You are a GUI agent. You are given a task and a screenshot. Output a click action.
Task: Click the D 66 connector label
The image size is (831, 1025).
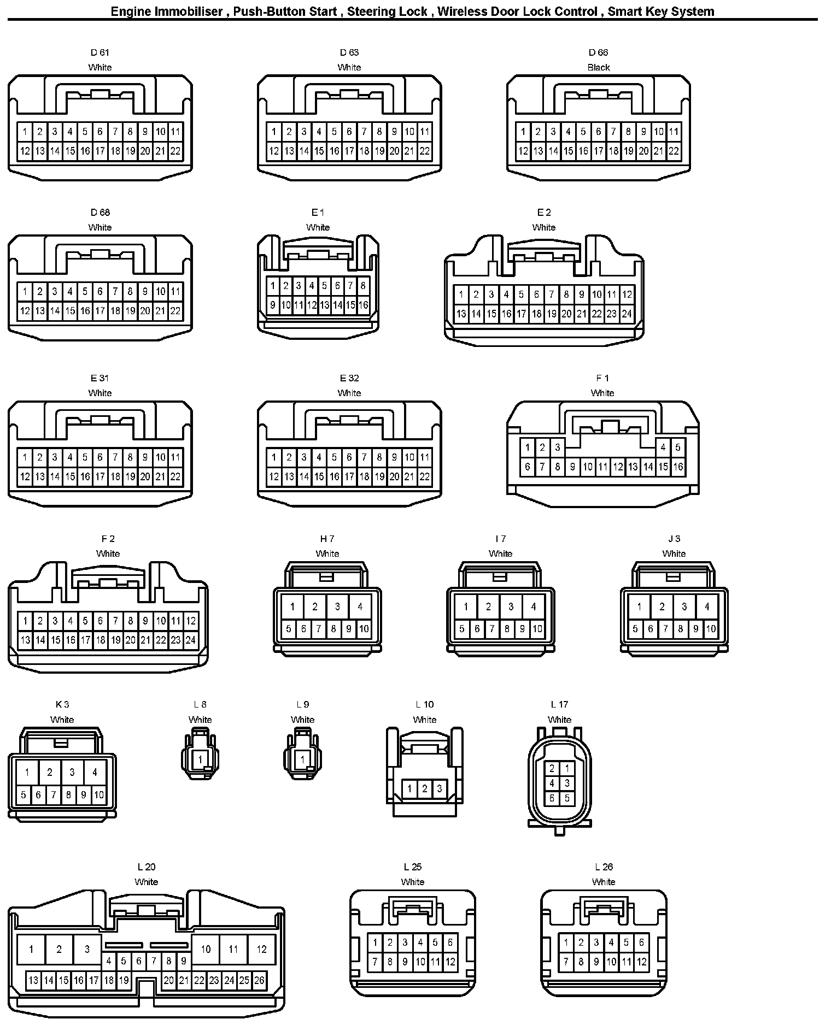pos(598,52)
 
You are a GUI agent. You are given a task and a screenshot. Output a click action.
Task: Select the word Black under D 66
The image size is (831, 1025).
pos(598,68)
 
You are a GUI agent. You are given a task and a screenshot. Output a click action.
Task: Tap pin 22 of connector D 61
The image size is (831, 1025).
pos(175,151)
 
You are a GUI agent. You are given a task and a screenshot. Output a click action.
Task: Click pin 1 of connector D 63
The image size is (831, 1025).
pos(274,132)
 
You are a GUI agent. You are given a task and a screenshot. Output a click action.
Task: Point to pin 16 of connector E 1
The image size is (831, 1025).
pos(363,305)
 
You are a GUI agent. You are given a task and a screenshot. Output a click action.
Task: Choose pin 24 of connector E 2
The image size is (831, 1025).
pos(627,314)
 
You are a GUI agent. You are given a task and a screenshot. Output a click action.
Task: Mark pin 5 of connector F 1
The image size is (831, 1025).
pos(677,447)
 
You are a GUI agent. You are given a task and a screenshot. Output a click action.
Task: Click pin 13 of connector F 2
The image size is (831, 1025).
pos(25,640)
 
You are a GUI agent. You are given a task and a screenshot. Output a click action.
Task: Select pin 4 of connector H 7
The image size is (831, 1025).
pos(360,606)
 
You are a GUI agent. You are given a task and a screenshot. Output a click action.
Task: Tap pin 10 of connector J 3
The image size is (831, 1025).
pos(710,629)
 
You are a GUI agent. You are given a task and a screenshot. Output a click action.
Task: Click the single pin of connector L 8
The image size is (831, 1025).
pos(200,759)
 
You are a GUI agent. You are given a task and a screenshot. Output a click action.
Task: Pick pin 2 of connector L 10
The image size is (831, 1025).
pos(424,788)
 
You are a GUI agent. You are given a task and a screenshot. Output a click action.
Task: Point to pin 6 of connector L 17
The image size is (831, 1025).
pos(552,798)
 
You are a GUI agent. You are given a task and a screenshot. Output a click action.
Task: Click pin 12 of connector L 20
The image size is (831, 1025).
pos(261,949)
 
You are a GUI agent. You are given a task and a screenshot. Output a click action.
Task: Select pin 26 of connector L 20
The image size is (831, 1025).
pos(259,980)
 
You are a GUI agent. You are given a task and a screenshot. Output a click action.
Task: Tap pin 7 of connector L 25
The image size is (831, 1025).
pos(375,962)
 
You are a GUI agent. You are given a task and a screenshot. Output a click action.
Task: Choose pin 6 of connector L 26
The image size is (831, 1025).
pos(641,942)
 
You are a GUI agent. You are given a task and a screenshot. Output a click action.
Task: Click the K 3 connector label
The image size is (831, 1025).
pos(62,705)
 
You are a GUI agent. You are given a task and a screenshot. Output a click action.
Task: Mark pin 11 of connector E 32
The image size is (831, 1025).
pos(424,457)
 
